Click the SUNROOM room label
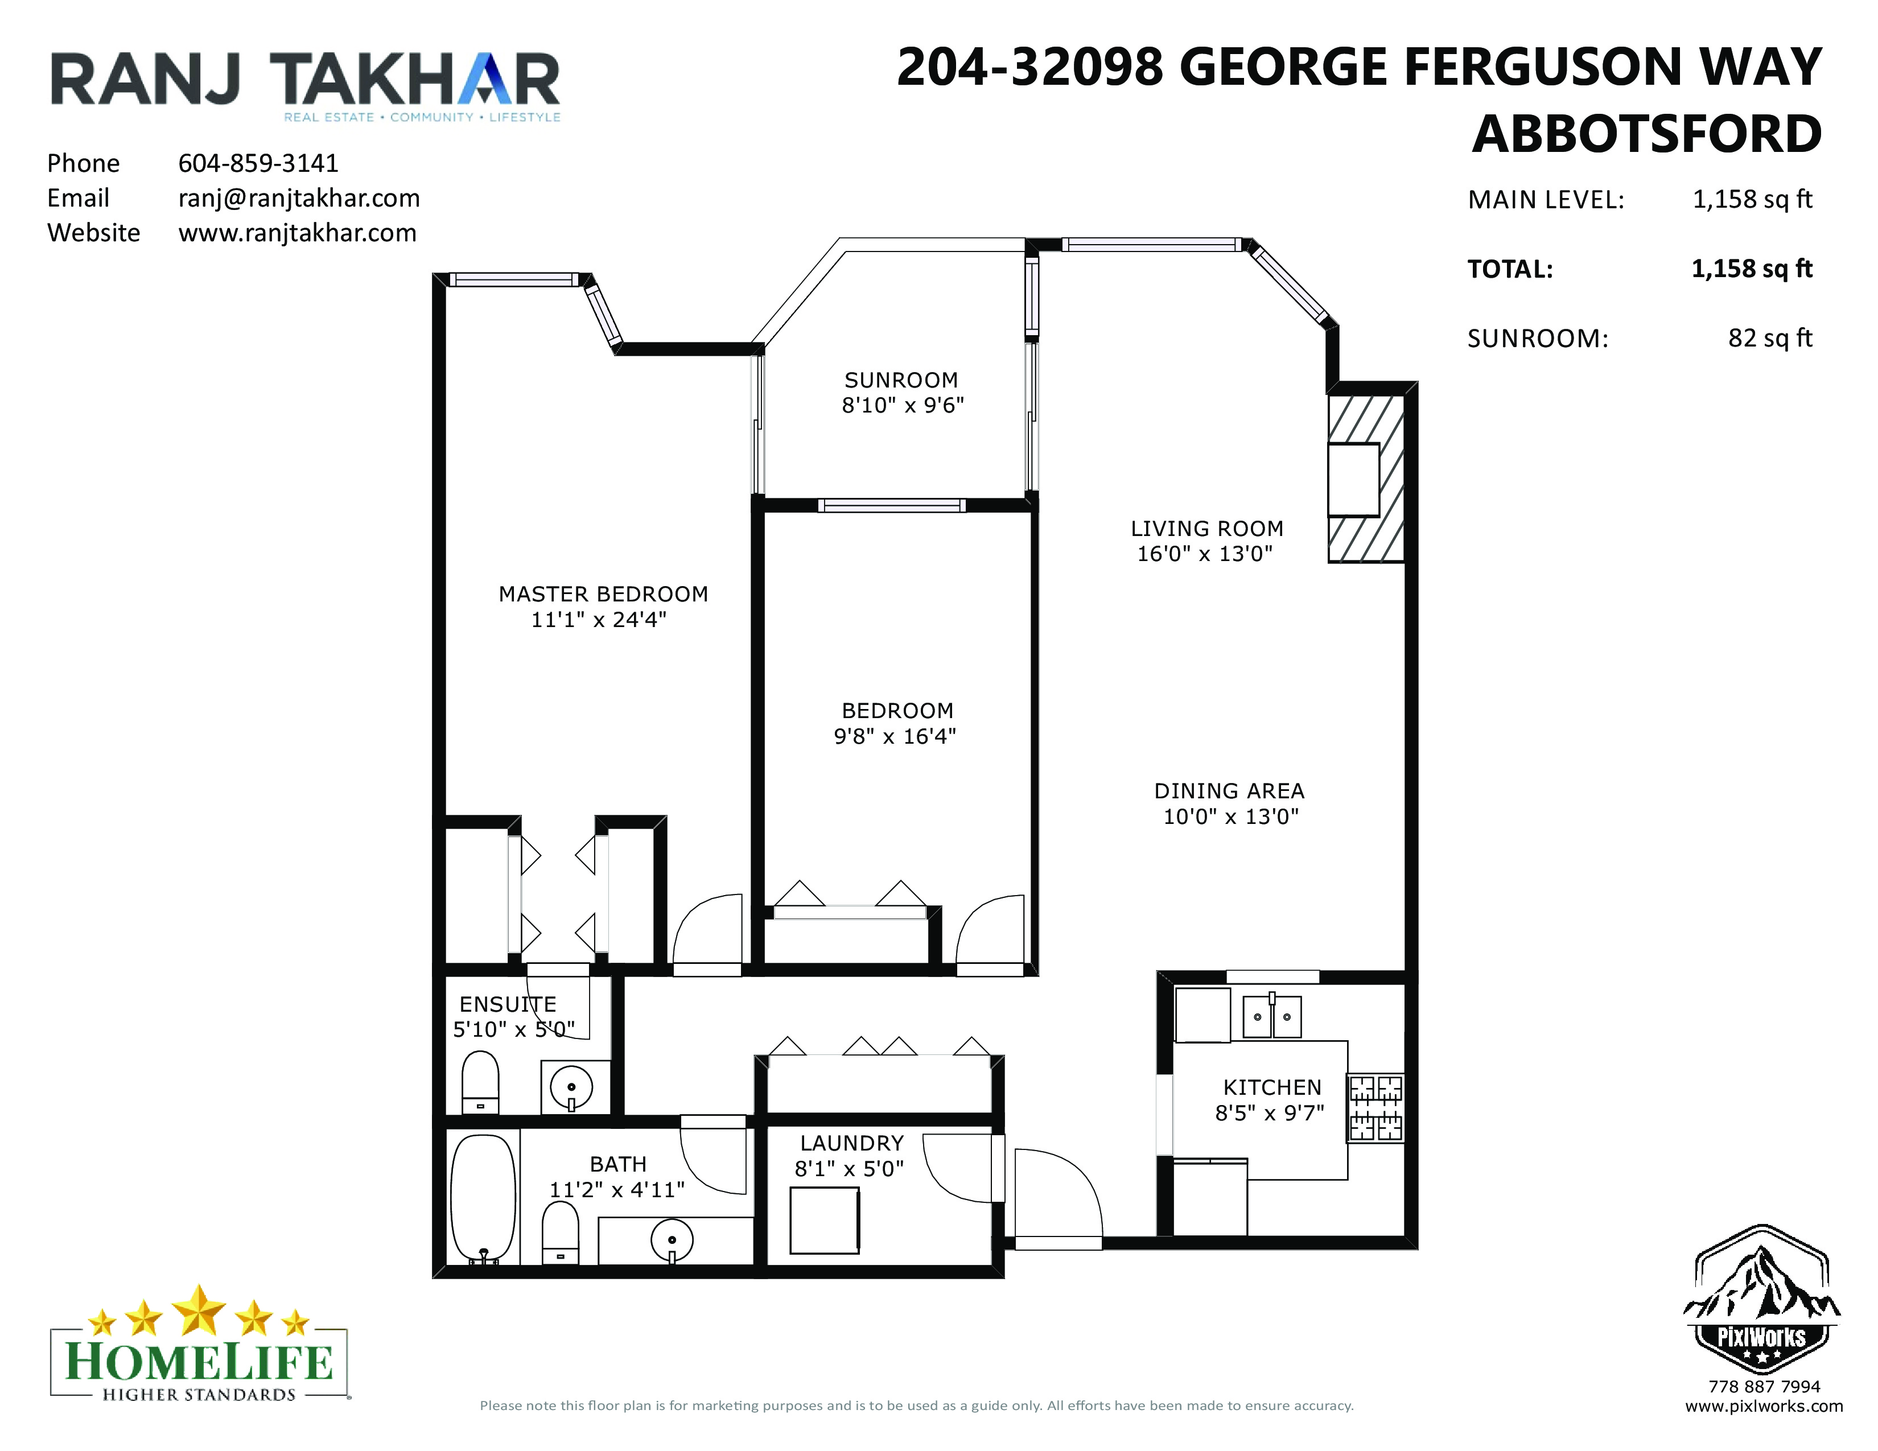(901, 380)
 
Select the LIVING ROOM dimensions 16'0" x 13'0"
(1205, 554)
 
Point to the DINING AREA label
(1230, 791)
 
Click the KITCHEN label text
(1272, 1087)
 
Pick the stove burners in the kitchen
(1376, 1108)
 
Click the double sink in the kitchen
(1272, 1017)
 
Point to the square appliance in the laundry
(825, 1221)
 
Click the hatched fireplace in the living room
(1366, 479)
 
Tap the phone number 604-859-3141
(259, 163)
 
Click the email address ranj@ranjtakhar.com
(299, 199)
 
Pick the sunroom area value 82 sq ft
(1770, 339)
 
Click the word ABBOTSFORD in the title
(1647, 134)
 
